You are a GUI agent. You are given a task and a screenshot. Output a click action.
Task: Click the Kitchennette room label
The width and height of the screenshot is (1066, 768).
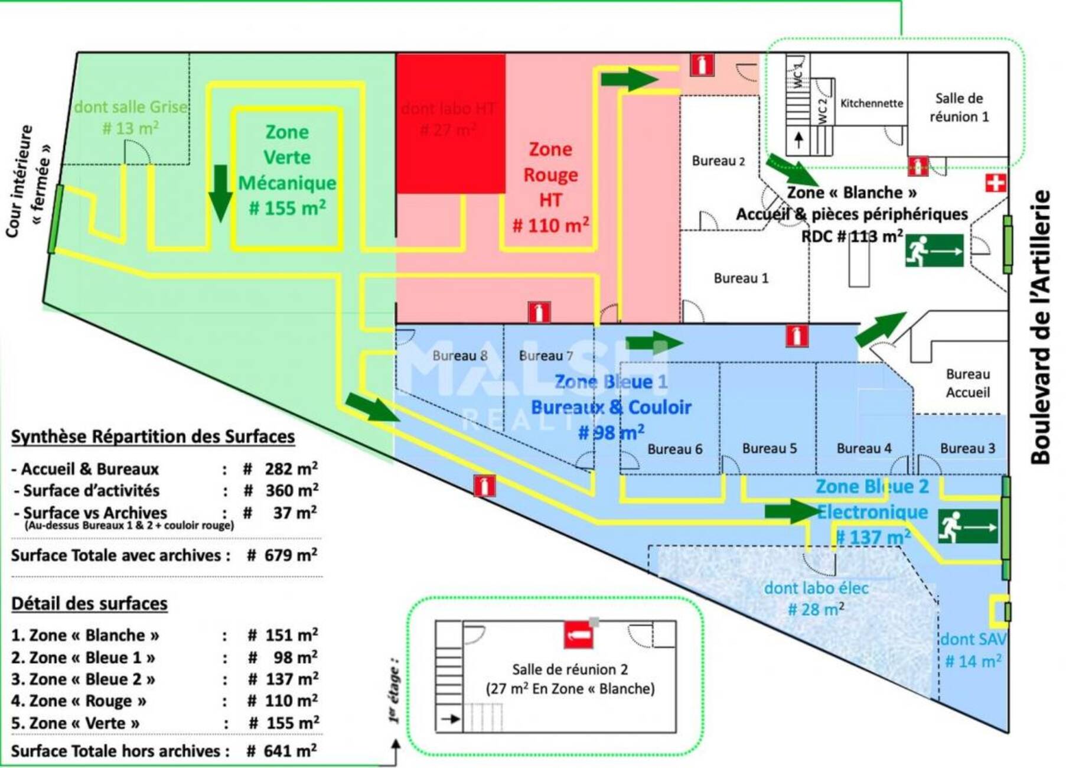[x=871, y=103]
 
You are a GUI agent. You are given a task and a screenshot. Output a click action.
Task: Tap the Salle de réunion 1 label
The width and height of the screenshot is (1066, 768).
[x=959, y=108]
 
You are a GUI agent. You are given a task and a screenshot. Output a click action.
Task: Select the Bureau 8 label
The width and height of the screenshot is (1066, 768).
[x=459, y=356]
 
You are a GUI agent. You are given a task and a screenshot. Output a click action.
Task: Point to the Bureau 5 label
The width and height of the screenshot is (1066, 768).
[x=769, y=448]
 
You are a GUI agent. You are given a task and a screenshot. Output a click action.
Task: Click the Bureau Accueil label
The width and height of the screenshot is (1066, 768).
[x=967, y=383]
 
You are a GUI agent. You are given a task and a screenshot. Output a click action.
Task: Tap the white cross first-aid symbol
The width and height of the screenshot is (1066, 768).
[x=995, y=183]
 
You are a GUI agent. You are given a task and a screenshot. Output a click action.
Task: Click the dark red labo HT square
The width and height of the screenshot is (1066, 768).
[x=450, y=124]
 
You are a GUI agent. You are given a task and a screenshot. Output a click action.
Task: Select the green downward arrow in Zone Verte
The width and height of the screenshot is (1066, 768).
[x=220, y=193]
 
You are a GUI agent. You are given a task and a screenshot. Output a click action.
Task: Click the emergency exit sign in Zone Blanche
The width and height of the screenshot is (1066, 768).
[x=934, y=250]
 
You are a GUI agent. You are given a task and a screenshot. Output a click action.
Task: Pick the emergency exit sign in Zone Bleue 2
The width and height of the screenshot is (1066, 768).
[x=967, y=526]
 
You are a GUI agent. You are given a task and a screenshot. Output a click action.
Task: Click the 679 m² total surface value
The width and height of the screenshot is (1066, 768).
[x=291, y=555]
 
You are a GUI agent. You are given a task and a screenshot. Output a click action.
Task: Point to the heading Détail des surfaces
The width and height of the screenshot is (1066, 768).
[x=89, y=604]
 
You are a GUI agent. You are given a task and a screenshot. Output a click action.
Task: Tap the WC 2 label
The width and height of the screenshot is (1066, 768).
[x=822, y=110]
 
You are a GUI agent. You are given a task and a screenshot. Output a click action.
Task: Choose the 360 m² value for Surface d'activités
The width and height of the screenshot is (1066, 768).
[x=292, y=490]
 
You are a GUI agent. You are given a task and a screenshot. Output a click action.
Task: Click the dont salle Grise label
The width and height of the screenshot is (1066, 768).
[x=131, y=108]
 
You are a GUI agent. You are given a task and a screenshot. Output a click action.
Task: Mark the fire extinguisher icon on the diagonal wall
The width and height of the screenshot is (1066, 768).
[x=484, y=486]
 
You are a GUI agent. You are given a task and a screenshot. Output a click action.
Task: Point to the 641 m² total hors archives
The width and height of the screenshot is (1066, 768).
[x=290, y=751]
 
